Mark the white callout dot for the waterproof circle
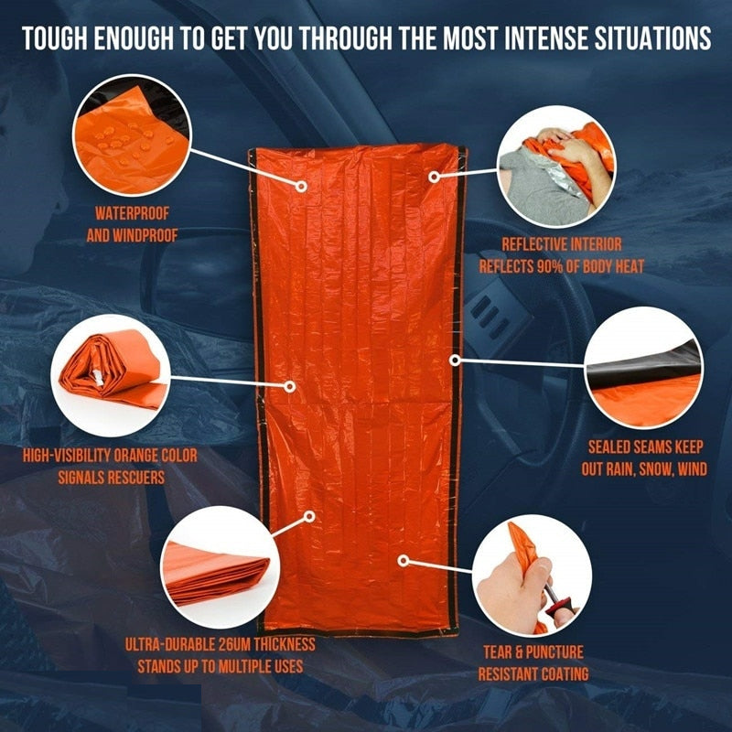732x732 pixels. pyautogui.click(x=301, y=186)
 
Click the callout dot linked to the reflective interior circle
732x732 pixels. pyautogui.click(x=435, y=174)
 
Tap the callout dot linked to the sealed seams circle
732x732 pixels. pyautogui.click(x=455, y=360)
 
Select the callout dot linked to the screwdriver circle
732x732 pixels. pyautogui.click(x=402, y=557)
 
